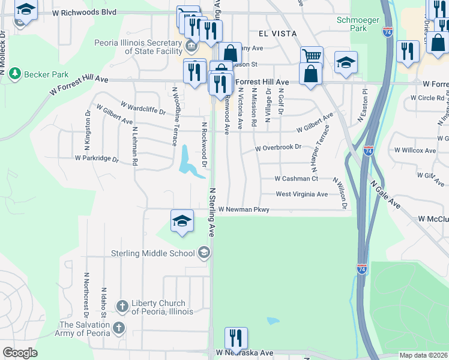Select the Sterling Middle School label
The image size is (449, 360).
click(x=153, y=253)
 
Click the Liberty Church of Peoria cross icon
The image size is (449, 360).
click(x=122, y=307)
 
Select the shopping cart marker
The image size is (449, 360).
click(x=312, y=56)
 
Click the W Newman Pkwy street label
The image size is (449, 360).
click(x=244, y=209)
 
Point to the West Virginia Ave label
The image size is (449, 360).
click(x=301, y=194)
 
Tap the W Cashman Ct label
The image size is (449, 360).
click(x=296, y=179)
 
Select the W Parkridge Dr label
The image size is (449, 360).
click(x=97, y=158)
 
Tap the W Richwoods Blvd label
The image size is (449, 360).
click(x=83, y=12)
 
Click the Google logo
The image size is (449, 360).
click(x=20, y=353)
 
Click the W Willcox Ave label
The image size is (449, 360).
click(x=415, y=151)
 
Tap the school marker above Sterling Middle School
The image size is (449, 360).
click(x=182, y=220)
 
